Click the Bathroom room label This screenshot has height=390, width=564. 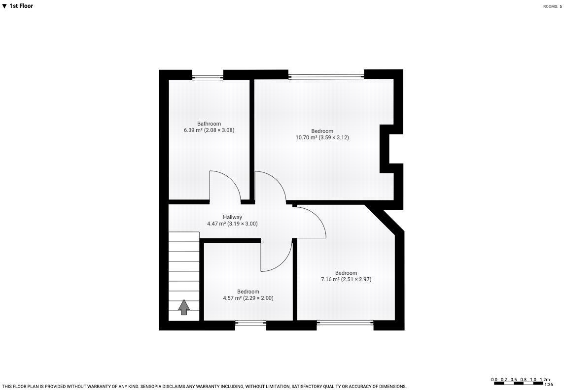209,124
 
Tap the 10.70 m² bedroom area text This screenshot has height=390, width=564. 322,138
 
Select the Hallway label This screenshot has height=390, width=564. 232,217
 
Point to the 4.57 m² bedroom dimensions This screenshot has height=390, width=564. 248,298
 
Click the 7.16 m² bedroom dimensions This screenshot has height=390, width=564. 346,279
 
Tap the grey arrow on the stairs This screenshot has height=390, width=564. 184,307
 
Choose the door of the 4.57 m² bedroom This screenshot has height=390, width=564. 278,256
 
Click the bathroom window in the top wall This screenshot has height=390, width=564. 208,77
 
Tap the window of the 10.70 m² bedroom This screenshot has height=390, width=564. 326,76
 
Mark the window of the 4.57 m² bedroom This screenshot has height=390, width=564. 250,323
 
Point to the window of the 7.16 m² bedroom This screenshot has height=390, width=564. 345,323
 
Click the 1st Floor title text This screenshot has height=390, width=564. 21,6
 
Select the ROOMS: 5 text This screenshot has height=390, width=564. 552,6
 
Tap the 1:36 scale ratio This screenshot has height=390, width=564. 548,385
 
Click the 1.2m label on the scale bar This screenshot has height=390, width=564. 545,380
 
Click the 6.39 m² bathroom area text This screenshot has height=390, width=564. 209,130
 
